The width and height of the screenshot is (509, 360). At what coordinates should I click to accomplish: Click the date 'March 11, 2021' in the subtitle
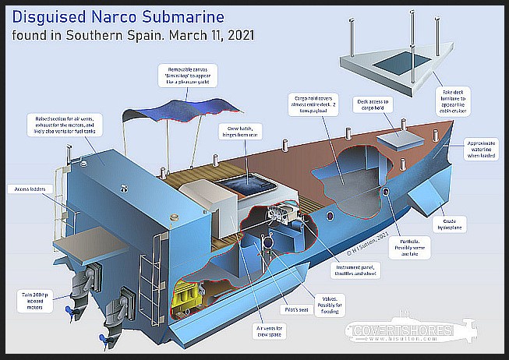tap(209, 36)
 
